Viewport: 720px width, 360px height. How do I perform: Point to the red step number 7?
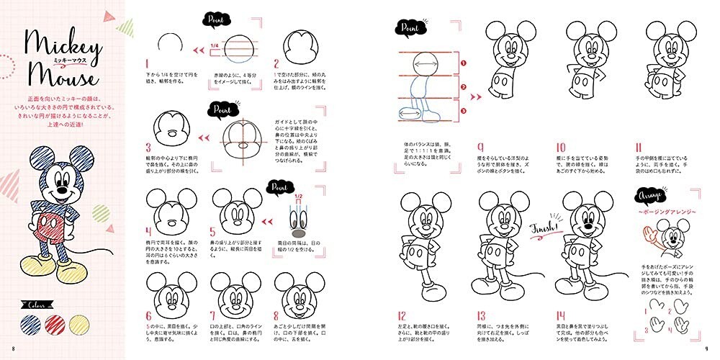click(213, 315)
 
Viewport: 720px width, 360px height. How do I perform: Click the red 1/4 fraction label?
click(214, 48)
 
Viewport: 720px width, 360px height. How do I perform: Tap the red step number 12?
click(402, 315)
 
